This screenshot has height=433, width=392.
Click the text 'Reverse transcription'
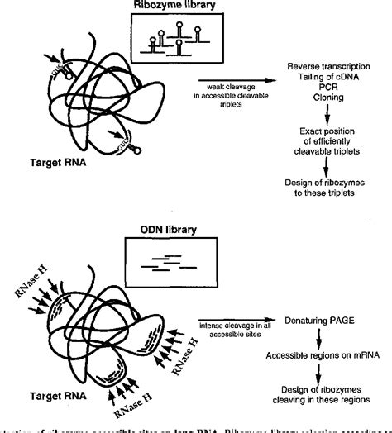pos(329,66)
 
